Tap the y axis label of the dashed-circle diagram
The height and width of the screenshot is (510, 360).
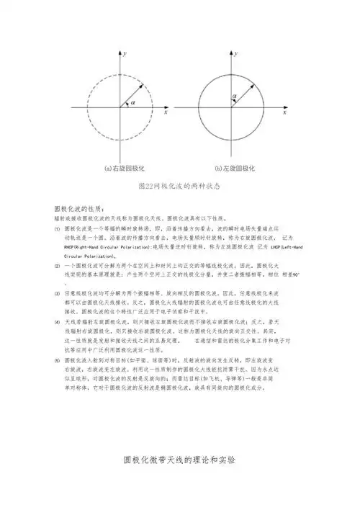(x=126, y=54)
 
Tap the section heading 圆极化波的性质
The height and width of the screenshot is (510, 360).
(x=80, y=207)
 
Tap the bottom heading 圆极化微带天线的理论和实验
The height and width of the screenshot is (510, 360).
(x=179, y=460)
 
